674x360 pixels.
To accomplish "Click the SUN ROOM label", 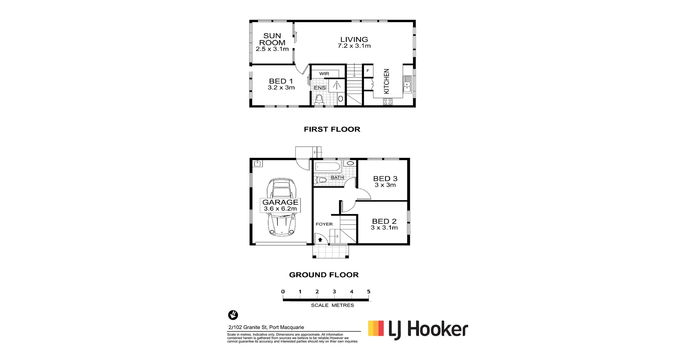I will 272,39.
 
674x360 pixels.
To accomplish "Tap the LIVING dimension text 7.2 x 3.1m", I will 354,46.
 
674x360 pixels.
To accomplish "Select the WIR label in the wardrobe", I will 324,74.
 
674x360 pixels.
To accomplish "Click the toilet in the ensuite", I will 319,99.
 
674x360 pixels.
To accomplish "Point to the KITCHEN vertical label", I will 386,81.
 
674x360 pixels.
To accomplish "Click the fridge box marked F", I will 368,71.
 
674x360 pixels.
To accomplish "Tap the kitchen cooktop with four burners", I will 388,101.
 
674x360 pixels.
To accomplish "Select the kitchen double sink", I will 407,85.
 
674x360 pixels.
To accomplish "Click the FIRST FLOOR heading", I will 332,129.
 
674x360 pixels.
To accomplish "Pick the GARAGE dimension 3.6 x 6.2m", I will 280,208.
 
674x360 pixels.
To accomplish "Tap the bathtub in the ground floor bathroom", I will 327,166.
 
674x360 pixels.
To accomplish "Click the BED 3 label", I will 385,179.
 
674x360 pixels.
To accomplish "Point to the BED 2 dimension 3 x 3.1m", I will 384,228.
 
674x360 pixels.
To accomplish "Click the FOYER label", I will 324,224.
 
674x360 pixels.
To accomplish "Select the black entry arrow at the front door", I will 320,240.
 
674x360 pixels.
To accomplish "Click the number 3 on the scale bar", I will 334,292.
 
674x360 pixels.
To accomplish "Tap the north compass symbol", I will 233,315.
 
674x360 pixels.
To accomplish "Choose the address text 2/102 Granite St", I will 266,327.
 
